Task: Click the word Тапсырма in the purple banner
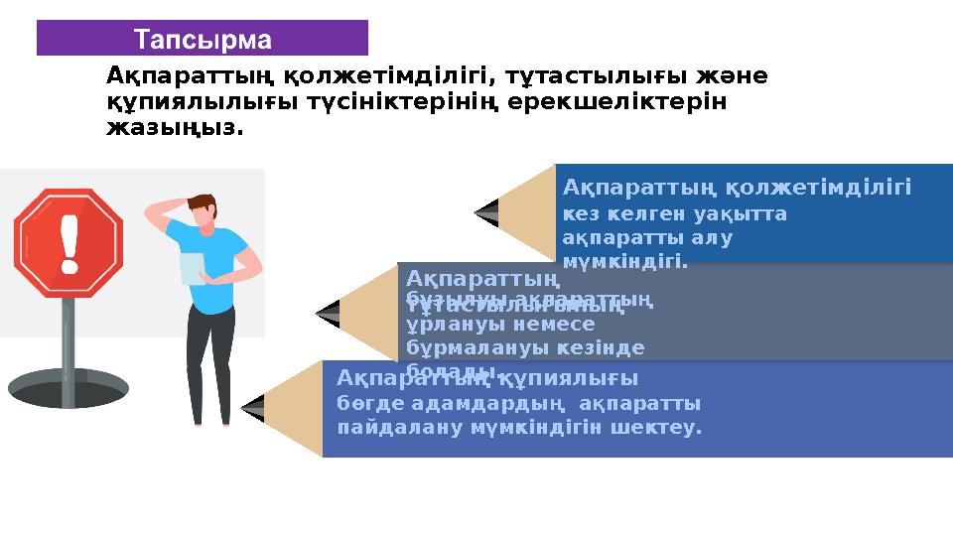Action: [203, 40]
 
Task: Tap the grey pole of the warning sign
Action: [68, 347]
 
